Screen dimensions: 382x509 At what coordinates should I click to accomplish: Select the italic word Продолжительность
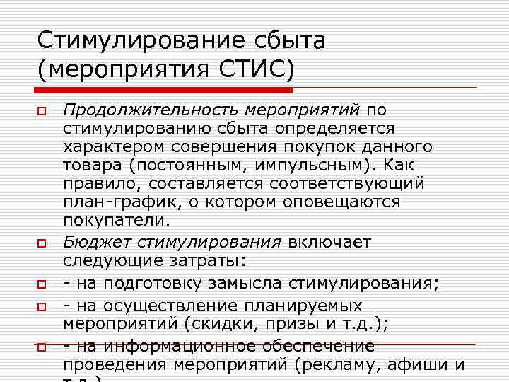tap(151, 110)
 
